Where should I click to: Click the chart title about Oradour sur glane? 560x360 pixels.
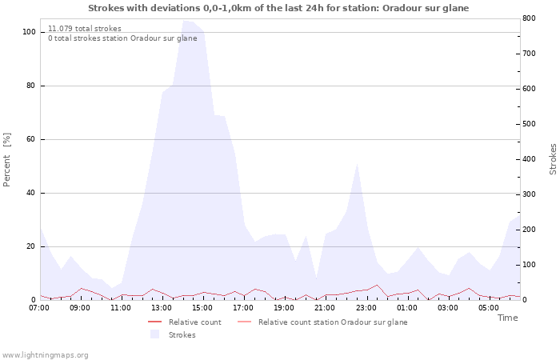tap(278, 8)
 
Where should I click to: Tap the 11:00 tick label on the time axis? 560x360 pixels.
tap(121, 307)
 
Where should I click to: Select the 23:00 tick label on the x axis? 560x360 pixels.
tap(366, 307)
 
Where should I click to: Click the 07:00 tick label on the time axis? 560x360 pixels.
tap(39, 307)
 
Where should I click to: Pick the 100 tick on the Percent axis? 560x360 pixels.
tap(29, 32)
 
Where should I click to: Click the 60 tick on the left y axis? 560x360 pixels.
tap(31, 139)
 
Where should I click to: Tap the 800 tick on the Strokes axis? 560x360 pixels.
tap(529, 18)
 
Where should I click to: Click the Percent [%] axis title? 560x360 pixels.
tap(8, 159)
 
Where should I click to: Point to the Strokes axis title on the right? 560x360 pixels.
tap(553, 159)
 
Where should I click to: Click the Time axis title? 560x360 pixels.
tap(507, 318)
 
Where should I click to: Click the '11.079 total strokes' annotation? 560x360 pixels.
tap(85, 29)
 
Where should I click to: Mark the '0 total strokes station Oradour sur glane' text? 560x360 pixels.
tap(122, 38)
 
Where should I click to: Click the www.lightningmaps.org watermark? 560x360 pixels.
tap(45, 355)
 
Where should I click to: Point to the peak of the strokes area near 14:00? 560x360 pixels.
tap(185, 21)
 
